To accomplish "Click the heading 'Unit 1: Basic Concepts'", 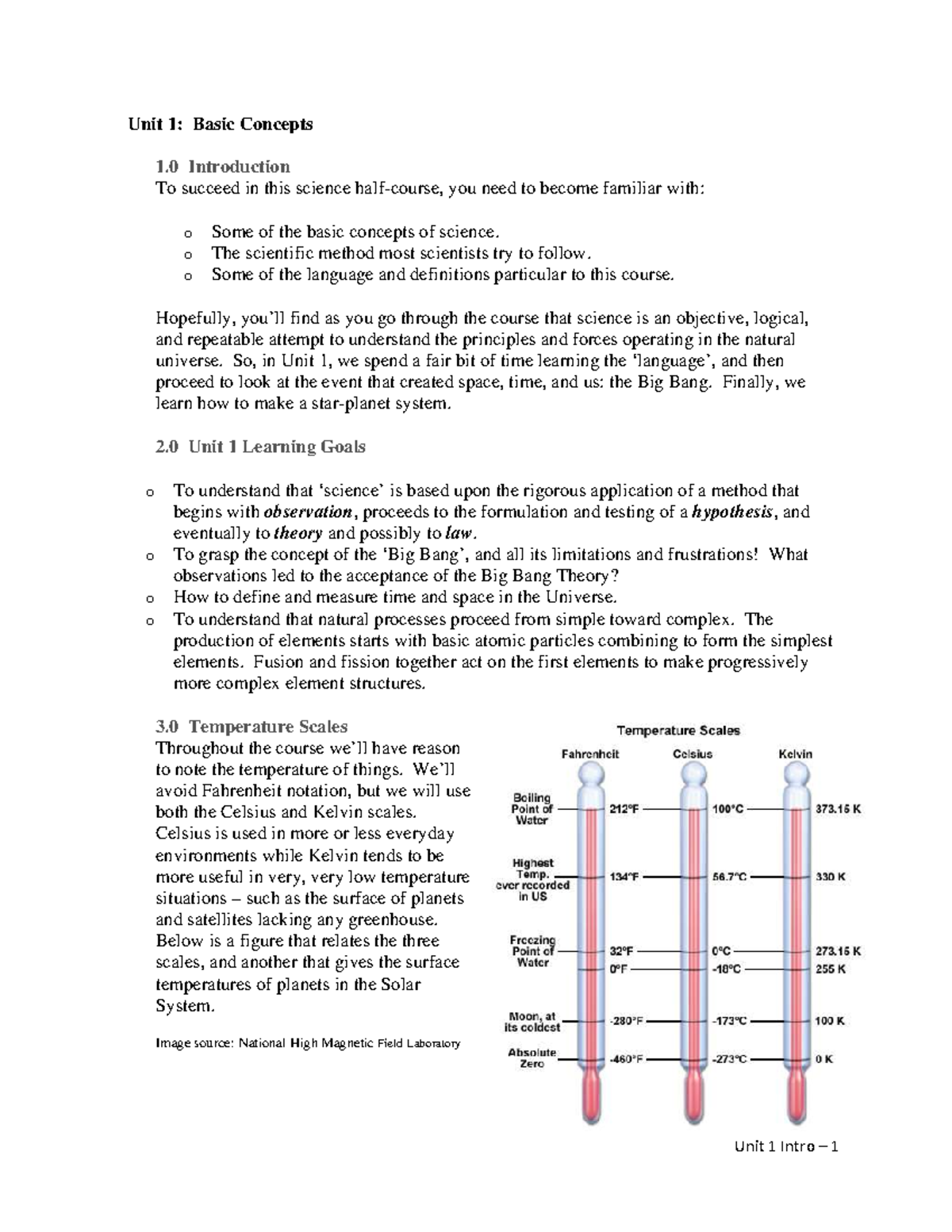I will pos(221,124).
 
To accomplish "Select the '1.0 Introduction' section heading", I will pos(223,167).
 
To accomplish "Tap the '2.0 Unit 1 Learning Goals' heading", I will pos(260,447).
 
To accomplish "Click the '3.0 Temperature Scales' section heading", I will pos(251,726).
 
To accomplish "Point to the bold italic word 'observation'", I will pos(306,512).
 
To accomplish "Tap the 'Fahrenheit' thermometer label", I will pos(589,754).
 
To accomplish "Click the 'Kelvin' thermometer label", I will pos(795,754).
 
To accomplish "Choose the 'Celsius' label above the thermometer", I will pos(692,754).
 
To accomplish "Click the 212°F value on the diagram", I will pos(623,809).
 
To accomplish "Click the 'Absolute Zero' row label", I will pos(532,1058).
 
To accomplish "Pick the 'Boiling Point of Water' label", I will pos(532,809).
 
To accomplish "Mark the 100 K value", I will pos(829,1021).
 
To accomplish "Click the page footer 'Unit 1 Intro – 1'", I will pos(786,1146).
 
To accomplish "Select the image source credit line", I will pos(308,1043).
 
